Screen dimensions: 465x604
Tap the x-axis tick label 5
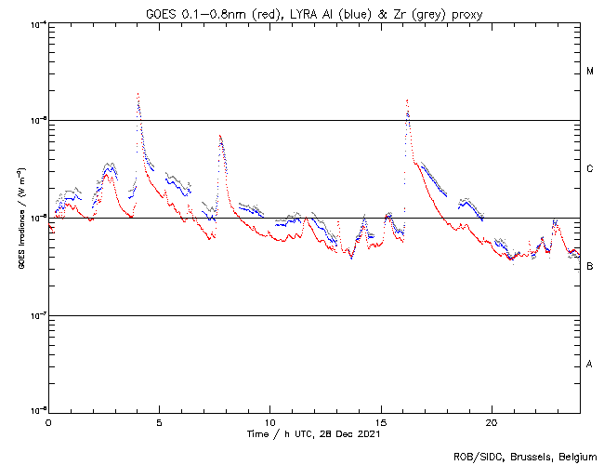pyautogui.click(x=159, y=422)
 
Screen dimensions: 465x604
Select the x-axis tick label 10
pyautogui.click(x=269, y=422)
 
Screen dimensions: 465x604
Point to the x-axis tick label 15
pyautogui.click(x=380, y=422)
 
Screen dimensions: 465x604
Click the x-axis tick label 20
pyautogui.click(x=491, y=422)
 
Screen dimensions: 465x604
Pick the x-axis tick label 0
pyautogui.click(x=48, y=422)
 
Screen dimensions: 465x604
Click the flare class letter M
pyautogui.click(x=590, y=72)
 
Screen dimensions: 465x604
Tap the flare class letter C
pyautogui.click(x=590, y=169)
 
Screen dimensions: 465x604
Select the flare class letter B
pyautogui.click(x=590, y=267)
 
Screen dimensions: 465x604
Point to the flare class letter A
pyautogui.click(x=590, y=364)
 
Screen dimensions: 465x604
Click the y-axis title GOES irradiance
pyautogui.click(x=20, y=218)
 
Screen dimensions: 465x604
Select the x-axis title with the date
pyautogui.click(x=313, y=434)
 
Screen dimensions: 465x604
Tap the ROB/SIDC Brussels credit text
pyautogui.click(x=524, y=456)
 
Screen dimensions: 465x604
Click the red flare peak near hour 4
pyautogui.click(x=138, y=94)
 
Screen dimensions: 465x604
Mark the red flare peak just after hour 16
pyautogui.click(x=407, y=100)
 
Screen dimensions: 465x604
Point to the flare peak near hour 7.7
pyautogui.click(x=219, y=136)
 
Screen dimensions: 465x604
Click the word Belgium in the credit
pyautogui.click(x=578, y=456)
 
